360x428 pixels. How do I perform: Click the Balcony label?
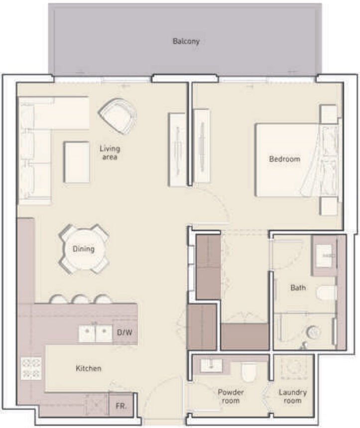click(186, 41)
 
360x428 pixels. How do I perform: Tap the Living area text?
click(110, 152)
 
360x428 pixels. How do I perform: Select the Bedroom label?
click(284, 159)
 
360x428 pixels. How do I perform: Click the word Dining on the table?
click(83, 249)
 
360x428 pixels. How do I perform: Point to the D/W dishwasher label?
click(124, 332)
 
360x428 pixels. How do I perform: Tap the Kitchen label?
click(88, 369)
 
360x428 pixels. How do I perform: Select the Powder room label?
click(231, 396)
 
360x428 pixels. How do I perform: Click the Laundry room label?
click(292, 396)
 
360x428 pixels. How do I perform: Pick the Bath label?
click(298, 288)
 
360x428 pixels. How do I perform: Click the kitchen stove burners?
click(31, 368)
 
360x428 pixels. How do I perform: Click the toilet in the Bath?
click(327, 292)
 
